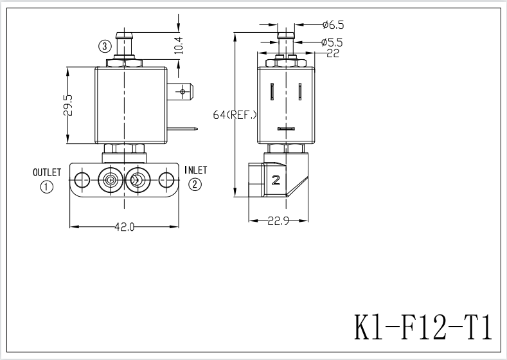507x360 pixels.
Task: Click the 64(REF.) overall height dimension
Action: click(x=235, y=115)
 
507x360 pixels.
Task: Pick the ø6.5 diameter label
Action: click(x=333, y=25)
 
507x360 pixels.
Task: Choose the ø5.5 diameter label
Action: click(x=333, y=42)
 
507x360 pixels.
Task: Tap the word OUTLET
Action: click(x=47, y=172)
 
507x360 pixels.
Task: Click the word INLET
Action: click(x=195, y=170)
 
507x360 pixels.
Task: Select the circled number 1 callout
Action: click(x=47, y=187)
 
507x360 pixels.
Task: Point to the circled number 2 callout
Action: click(x=195, y=185)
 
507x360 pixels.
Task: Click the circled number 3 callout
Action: click(x=105, y=46)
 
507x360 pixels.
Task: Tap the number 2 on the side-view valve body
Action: click(x=276, y=180)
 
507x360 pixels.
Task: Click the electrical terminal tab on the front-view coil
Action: click(x=182, y=93)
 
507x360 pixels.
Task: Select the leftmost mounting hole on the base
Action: click(x=81, y=179)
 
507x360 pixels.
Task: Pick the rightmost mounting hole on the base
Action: click(x=166, y=179)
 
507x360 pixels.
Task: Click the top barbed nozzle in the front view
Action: click(x=123, y=42)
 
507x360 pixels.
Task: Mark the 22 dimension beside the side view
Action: click(x=333, y=53)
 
